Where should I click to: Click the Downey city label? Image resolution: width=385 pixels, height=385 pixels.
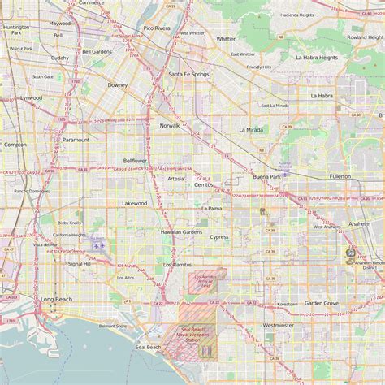118,84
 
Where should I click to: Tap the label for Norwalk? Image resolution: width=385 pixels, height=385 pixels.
170,126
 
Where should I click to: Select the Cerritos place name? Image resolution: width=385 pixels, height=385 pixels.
203,185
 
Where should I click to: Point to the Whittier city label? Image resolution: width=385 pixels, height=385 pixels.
226,38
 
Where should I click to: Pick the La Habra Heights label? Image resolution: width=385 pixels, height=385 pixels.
317,58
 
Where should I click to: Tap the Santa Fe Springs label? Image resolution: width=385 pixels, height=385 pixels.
188,74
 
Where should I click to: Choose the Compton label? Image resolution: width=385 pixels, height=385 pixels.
15,145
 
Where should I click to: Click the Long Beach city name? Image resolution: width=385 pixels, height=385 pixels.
55,299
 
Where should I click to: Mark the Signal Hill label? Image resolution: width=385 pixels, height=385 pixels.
80,264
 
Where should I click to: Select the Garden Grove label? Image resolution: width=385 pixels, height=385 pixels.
322,303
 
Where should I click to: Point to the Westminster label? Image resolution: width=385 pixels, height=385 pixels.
279,325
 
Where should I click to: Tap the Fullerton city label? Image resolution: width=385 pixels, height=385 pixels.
340,176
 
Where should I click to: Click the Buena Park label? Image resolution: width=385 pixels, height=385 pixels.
266,176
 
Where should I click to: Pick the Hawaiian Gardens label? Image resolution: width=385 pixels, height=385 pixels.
180,232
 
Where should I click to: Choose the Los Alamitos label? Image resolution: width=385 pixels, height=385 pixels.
178,265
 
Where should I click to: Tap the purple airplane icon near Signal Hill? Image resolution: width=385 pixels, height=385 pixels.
98,244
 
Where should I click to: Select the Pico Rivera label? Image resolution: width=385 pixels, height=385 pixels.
157,28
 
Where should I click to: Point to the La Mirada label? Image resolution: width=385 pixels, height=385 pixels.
252,129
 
